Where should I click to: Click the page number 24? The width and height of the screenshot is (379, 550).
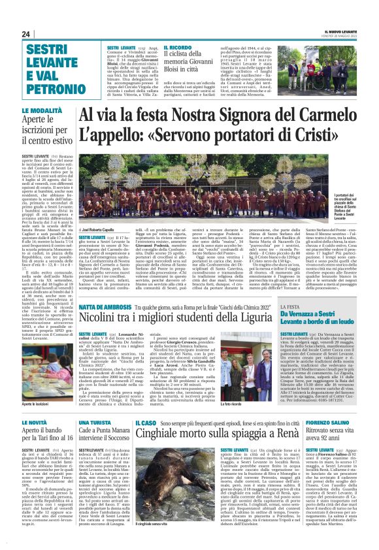(25, 34)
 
